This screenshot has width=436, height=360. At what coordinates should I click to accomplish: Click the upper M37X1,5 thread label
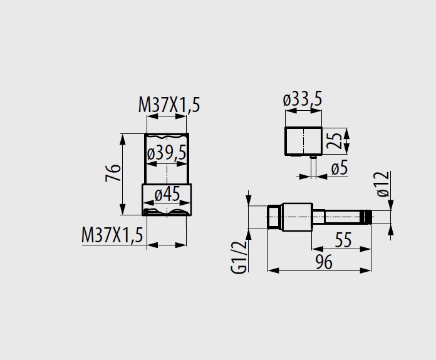click(169, 105)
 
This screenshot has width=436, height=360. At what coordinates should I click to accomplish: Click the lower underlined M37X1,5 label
click(112, 235)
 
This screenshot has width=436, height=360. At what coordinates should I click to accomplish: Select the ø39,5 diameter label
click(167, 153)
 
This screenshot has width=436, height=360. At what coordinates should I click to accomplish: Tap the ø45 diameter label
click(167, 194)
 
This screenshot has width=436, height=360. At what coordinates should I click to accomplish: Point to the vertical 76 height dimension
click(113, 173)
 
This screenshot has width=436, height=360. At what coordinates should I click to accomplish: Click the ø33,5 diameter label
click(303, 99)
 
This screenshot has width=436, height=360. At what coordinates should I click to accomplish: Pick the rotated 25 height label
click(334, 141)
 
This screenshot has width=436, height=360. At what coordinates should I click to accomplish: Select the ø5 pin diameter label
click(340, 168)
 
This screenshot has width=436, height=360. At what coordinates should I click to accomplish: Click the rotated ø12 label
click(383, 184)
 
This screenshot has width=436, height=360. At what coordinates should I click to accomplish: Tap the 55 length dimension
click(343, 240)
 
